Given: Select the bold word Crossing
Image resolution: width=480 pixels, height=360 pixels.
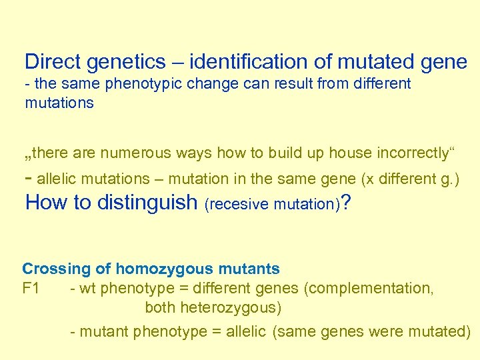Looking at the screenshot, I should [55, 269].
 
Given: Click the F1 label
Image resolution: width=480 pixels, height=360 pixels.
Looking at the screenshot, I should [31, 288].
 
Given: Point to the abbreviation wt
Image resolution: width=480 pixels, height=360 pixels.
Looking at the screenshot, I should [85, 288].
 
